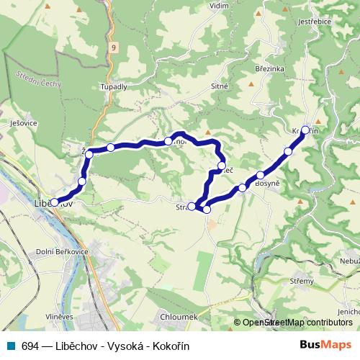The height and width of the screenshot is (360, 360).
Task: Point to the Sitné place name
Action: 220,86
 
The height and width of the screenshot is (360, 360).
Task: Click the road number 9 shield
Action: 113,46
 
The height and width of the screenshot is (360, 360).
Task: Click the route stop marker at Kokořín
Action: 305,130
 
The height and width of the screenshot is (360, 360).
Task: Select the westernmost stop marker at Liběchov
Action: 55,202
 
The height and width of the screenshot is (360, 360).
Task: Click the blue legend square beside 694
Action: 12,345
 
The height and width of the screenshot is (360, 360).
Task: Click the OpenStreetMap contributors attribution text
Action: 297,323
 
